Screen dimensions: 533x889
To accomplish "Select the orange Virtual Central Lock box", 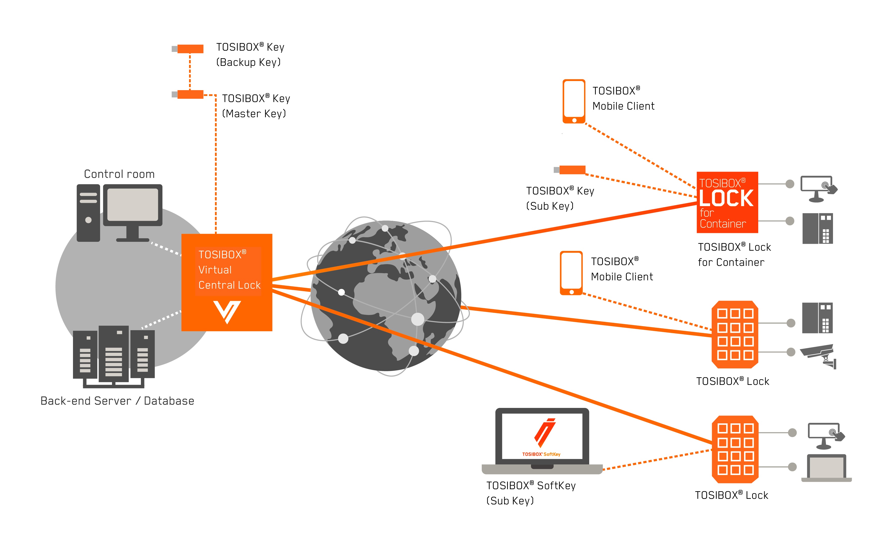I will pos(227,282).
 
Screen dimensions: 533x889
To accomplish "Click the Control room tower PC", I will pos(88,213).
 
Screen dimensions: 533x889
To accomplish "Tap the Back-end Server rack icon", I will pos(114,356).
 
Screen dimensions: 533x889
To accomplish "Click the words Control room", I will pos(119,174).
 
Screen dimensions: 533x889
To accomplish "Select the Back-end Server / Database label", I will pos(117,401).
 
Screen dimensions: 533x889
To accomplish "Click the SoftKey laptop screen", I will pos(542,436).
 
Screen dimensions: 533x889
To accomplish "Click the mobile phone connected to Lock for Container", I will pos(574,101).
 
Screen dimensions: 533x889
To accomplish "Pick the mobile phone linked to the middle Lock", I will pos(571,273).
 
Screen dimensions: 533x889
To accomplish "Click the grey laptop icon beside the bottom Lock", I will pos(826,468).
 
